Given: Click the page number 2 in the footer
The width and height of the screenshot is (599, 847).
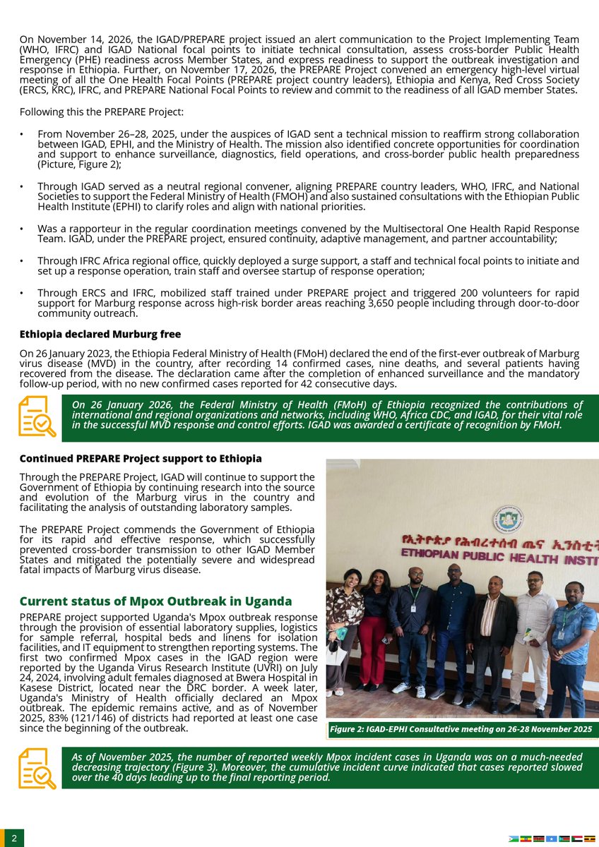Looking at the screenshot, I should (13, 838).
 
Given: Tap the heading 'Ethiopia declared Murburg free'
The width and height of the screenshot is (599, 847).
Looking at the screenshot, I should (100, 334).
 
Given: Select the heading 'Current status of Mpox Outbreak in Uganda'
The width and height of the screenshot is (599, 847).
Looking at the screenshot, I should (155, 601).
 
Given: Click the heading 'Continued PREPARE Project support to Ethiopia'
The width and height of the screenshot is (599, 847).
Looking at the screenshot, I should (141, 459).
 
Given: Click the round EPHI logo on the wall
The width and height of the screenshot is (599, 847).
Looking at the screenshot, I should (509, 519).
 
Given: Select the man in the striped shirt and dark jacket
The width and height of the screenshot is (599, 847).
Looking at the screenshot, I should (492, 635).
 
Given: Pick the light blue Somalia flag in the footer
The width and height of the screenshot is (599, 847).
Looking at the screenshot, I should (552, 839).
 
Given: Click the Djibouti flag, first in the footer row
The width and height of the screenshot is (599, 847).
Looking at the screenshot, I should (514, 839).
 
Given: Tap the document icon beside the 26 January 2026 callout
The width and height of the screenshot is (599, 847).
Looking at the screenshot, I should (37, 416).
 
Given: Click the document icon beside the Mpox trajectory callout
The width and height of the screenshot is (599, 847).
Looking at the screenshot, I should (37, 769).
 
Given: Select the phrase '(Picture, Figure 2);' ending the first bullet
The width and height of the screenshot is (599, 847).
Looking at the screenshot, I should (79, 164).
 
